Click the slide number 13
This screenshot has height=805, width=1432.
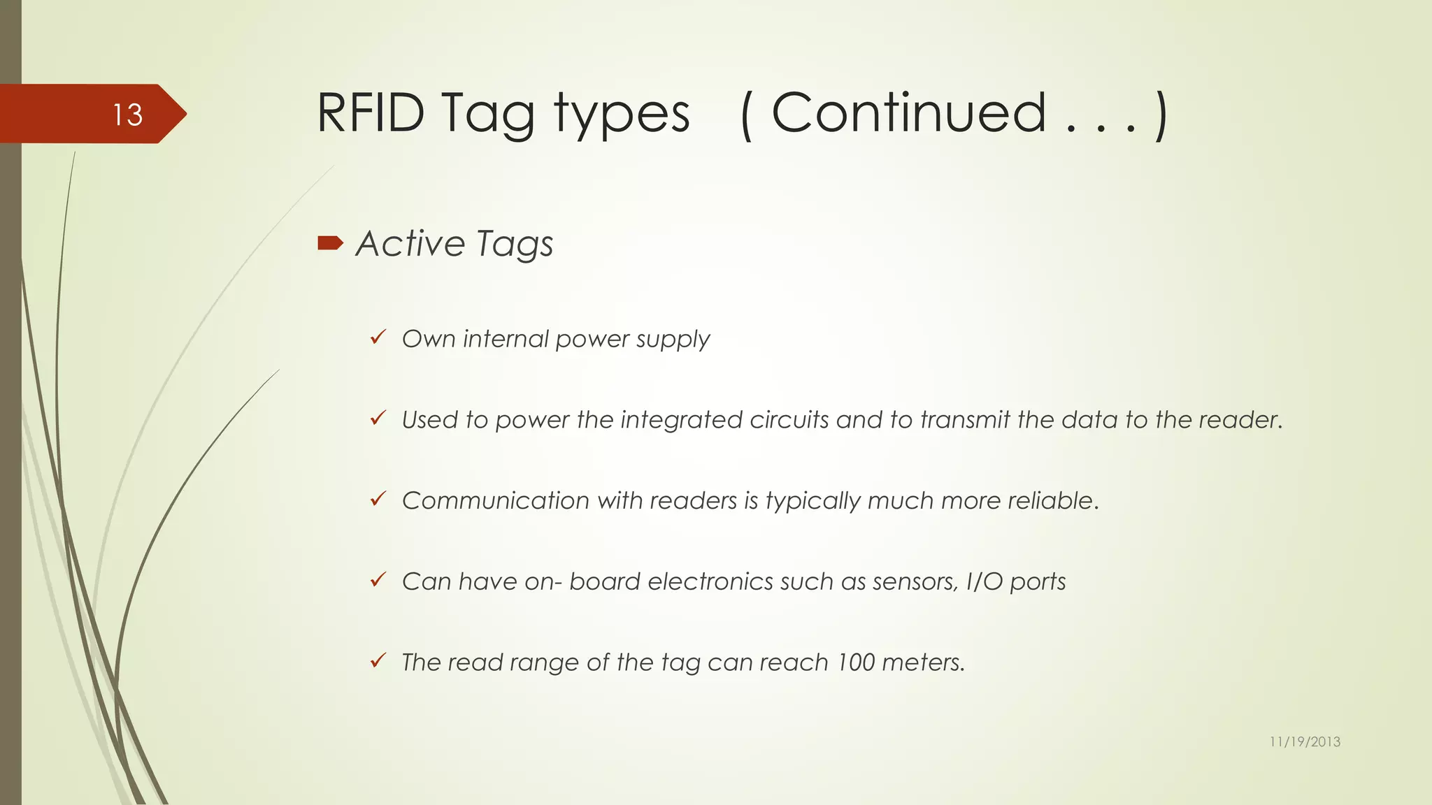(127, 115)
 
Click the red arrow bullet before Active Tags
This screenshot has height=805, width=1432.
(330, 243)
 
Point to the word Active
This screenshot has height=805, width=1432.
(410, 244)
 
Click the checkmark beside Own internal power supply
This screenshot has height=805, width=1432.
(378, 338)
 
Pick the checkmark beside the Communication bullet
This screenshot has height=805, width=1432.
(378, 500)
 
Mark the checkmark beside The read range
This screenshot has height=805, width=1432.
(378, 661)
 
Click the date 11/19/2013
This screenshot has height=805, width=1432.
(1305, 741)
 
